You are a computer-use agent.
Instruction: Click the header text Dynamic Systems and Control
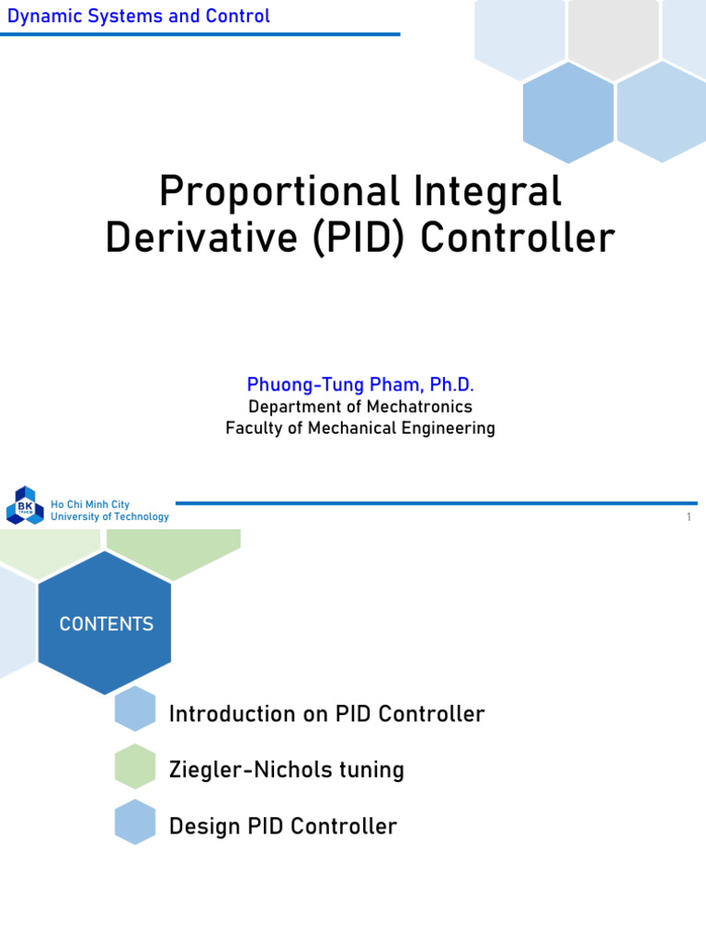[139, 16]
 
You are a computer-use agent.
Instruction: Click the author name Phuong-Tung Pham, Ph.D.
[360, 384]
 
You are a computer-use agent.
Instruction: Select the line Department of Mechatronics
[360, 406]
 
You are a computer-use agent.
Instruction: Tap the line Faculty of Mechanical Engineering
[360, 428]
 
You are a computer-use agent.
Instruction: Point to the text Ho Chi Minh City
[90, 505]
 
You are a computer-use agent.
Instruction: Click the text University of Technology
[109, 516]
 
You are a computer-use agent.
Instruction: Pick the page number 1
[688, 518]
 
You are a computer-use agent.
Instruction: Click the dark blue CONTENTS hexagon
[106, 624]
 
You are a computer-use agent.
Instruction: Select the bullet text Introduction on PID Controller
[326, 714]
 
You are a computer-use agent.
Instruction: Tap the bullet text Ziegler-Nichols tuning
[287, 769]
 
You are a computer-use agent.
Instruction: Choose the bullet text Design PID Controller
[283, 826]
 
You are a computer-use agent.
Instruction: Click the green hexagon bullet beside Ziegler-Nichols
[135, 766]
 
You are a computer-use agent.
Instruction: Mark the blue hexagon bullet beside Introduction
[135, 709]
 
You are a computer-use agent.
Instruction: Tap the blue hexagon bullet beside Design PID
[135, 822]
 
